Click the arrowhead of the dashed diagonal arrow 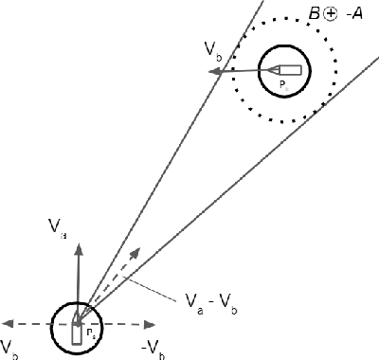coord(136,250)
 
